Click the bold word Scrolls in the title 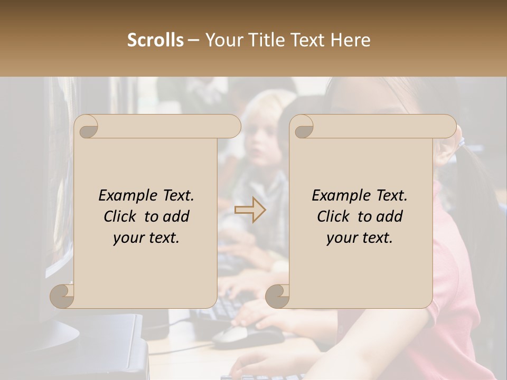tap(155, 40)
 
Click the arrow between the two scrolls tap(250, 210)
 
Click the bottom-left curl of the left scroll tap(62, 296)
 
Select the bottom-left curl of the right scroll tap(278, 296)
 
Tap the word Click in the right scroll tap(333, 217)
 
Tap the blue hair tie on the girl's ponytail tap(461, 141)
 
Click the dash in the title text tap(194, 40)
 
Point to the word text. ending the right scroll tap(375, 238)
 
